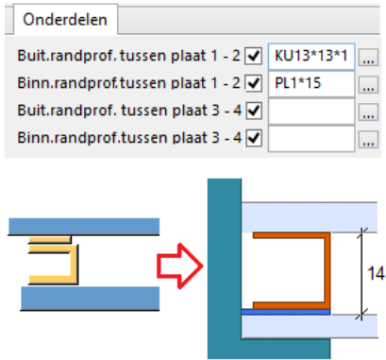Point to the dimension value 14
point(376,273)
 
